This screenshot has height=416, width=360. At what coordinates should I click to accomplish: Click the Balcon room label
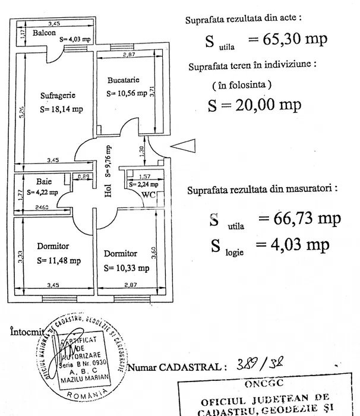45,33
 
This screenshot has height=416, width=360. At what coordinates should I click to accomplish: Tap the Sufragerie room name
58,95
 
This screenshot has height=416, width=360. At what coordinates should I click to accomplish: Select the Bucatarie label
123,80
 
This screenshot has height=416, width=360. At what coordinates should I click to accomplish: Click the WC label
149,194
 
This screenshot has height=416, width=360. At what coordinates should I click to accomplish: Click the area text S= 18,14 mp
61,109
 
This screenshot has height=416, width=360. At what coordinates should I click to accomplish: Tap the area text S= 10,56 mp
127,93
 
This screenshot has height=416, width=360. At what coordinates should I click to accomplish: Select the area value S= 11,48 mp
59,260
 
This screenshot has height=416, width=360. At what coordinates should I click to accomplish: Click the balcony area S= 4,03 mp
75,39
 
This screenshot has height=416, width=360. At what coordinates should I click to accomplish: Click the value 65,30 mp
288,40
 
